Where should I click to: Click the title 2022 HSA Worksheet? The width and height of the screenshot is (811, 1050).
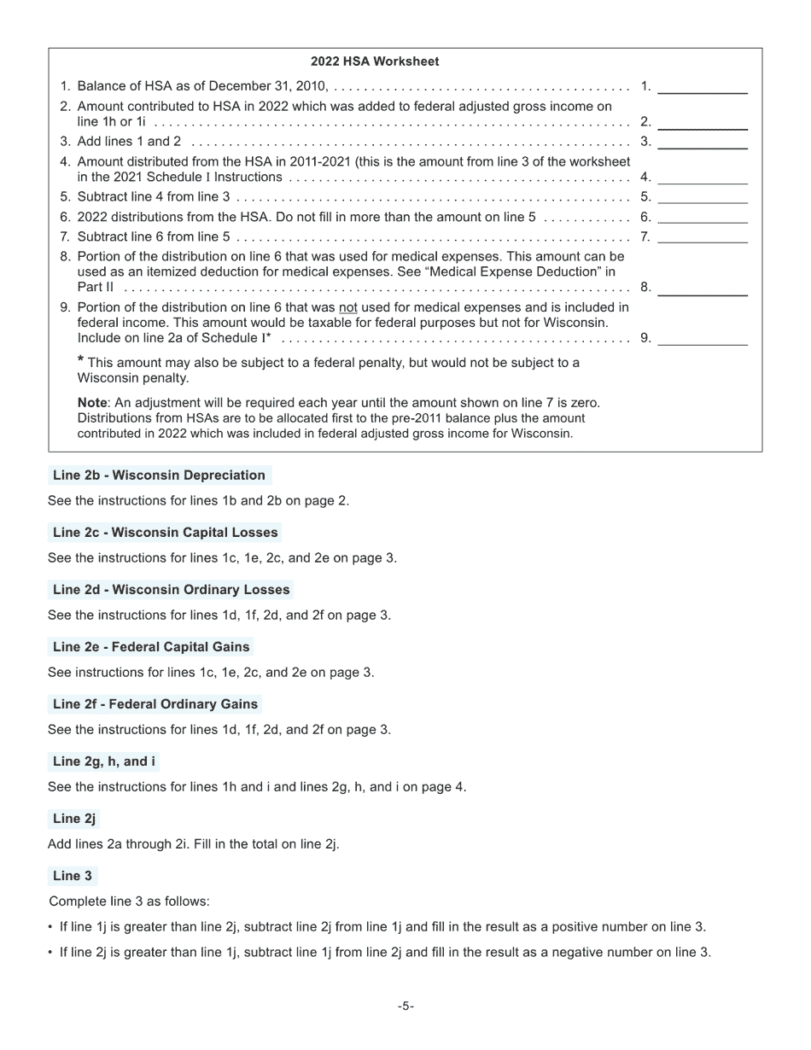pos(375,61)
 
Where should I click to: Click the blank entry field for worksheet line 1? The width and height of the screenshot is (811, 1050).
pos(702,86)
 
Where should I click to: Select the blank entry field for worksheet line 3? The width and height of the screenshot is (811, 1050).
pos(702,142)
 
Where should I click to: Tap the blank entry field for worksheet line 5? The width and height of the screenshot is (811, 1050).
pos(702,197)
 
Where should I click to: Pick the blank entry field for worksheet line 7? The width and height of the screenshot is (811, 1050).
pos(702,237)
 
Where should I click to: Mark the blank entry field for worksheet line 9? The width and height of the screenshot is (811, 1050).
pos(702,338)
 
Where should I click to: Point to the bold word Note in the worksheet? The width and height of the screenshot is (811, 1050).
pos(92,403)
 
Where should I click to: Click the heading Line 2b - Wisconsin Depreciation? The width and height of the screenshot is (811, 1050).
pos(159,475)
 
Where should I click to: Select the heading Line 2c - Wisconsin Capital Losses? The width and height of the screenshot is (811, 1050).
pos(165,533)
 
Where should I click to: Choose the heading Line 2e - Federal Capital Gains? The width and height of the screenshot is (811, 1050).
pos(151,647)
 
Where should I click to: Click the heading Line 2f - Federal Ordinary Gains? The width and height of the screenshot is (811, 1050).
pos(155,704)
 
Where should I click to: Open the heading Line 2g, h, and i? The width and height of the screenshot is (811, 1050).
pos(103,761)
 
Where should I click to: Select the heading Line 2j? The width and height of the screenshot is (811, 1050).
pos(73,819)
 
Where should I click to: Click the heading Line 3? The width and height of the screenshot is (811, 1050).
pos(73,876)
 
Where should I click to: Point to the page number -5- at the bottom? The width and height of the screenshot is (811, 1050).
pos(405,1006)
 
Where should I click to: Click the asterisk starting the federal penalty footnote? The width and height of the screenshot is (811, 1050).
pos(80,360)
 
